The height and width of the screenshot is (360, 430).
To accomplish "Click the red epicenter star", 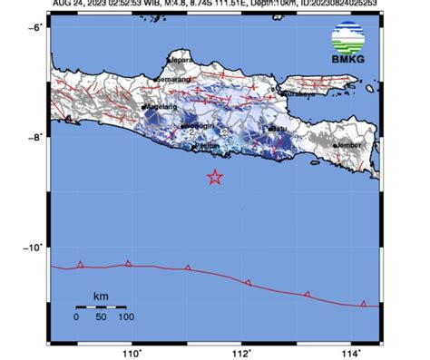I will point(215,177).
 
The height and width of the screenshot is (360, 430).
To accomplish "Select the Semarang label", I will point(173,80).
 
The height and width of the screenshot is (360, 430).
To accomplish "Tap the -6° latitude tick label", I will point(34,28).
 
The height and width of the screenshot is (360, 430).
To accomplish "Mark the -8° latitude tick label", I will point(34,138).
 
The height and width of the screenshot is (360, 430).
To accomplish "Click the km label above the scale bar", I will point(102,297).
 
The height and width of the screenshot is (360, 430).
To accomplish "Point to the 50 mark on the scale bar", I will point(101,317).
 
